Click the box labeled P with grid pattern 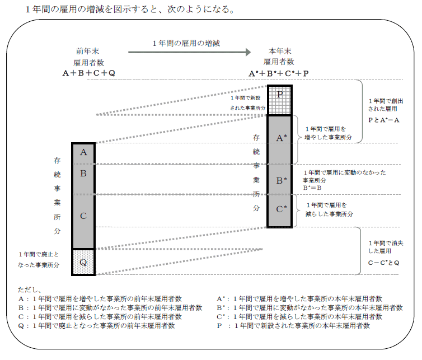pos(279,100)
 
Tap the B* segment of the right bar pos(279,180)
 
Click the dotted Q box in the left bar pos(83,262)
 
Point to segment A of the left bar pos(83,152)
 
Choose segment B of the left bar pos(83,174)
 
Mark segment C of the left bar pos(83,216)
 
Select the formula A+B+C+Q pos(89,73)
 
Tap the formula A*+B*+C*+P pos(279,73)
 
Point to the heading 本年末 pos(278,51)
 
